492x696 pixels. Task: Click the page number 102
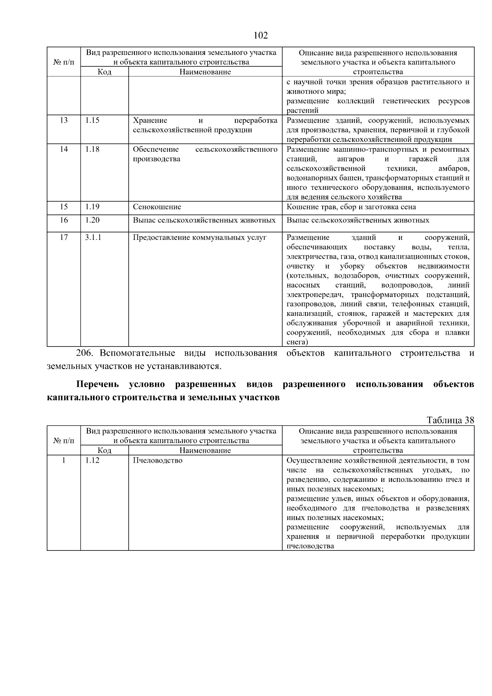pyautogui.click(x=261, y=35)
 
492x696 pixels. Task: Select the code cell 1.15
pyautogui.click(x=92, y=121)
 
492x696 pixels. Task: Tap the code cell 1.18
pyautogui.click(x=92, y=149)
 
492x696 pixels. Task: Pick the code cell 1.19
pyautogui.click(x=92, y=207)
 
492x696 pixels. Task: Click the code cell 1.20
pyautogui.click(x=92, y=220)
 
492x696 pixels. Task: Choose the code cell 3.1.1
pyautogui.click(x=93, y=237)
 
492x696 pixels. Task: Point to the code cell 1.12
pyautogui.click(x=92, y=461)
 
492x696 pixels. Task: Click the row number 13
pyautogui.click(x=64, y=121)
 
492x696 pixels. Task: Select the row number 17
pyautogui.click(x=64, y=237)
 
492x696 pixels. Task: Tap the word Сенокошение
pyautogui.click(x=157, y=207)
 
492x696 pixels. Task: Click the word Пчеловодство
pyautogui.click(x=157, y=461)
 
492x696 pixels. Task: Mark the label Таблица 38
pyautogui.click(x=450, y=420)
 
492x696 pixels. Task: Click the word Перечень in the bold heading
pyautogui.click(x=97, y=385)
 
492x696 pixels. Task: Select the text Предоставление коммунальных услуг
pyautogui.click(x=199, y=237)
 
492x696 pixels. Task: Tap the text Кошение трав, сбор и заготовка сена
pyautogui.click(x=351, y=207)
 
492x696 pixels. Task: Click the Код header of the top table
pyautogui.click(x=104, y=72)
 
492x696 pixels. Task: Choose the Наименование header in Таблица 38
pyautogui.click(x=205, y=451)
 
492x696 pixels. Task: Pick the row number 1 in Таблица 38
pyautogui.click(x=64, y=461)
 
